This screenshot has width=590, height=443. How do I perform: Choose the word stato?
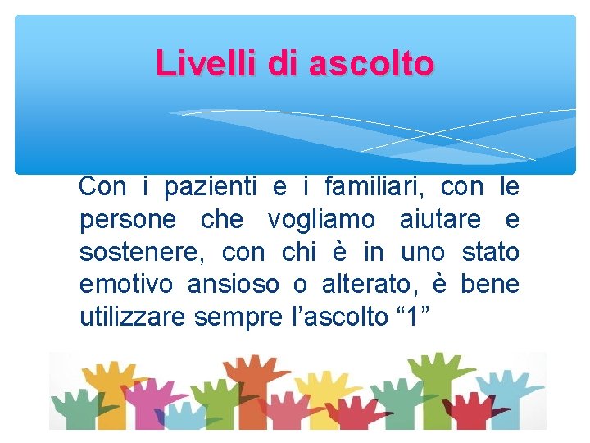pyautogui.click(x=490, y=253)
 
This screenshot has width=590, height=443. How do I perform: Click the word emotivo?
pyautogui.click(x=126, y=285)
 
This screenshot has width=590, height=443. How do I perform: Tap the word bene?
pyautogui.click(x=489, y=285)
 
